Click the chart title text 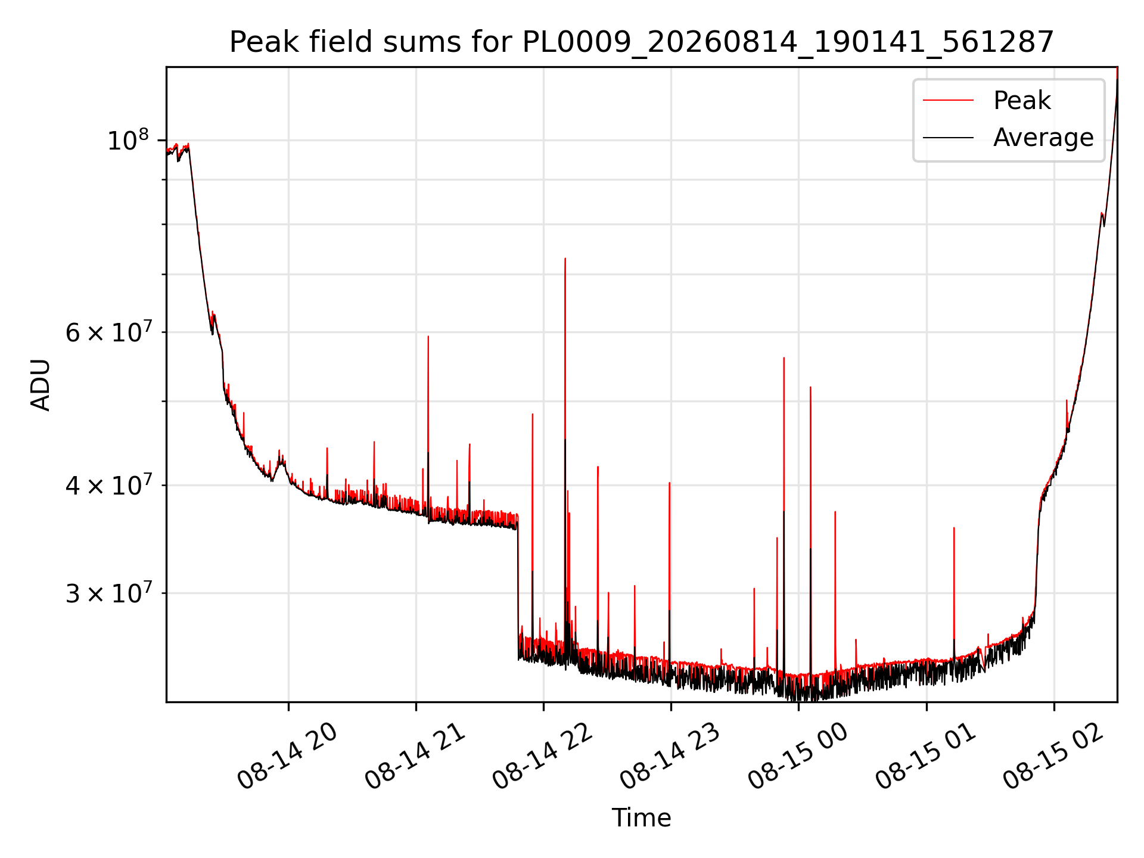pos(642,42)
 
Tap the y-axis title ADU pos(41,385)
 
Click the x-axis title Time pos(642,818)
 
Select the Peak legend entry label pos(1022,101)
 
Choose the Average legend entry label pos(1043,138)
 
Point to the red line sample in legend pos(949,101)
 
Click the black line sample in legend pos(949,138)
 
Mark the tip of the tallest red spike pos(565,259)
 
